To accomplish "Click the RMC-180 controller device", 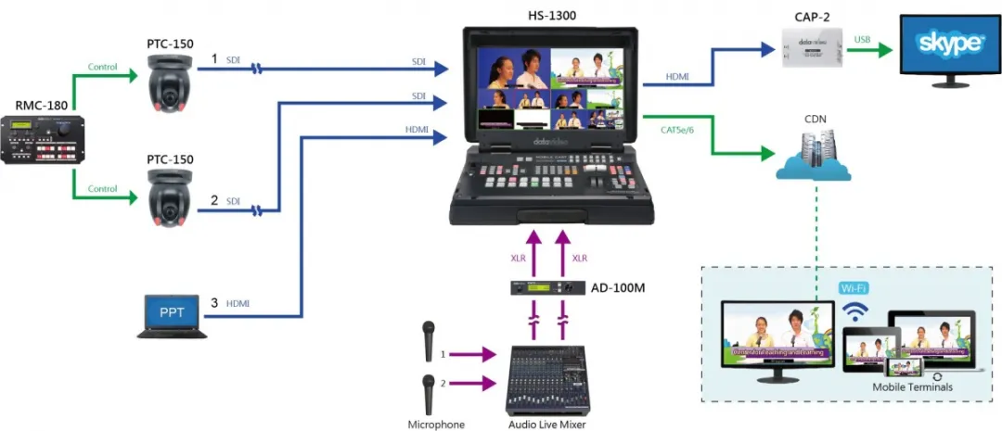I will click(x=43, y=139).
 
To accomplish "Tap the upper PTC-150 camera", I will click(x=169, y=86).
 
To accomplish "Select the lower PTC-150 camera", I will click(x=169, y=201).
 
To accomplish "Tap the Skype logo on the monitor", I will click(x=948, y=44).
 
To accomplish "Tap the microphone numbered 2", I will click(x=430, y=392).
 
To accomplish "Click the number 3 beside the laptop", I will click(x=214, y=302).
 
